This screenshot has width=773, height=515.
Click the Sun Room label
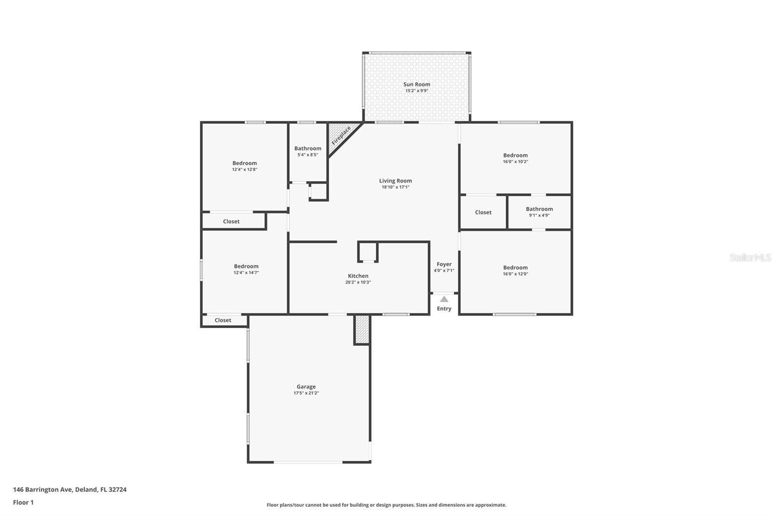point(416,84)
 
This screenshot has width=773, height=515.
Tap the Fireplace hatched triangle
point(341,136)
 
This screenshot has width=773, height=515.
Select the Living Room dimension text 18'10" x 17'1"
point(395,187)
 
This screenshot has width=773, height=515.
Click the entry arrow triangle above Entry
point(444,299)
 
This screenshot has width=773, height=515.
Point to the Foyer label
point(444,264)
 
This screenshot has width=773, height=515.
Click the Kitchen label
point(358,276)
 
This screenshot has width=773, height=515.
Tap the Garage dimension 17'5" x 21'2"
point(306,393)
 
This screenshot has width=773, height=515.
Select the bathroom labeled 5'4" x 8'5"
point(308,151)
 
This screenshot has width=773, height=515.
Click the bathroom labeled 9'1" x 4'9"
point(539,212)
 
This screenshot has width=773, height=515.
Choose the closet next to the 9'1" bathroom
point(483,212)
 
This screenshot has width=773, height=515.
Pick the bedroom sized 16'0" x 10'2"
point(515,158)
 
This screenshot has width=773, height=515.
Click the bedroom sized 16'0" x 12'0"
point(515,270)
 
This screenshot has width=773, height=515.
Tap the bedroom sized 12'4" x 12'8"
point(244,166)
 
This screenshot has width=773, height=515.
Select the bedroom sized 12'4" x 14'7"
point(246,269)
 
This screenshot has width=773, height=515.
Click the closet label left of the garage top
point(223,320)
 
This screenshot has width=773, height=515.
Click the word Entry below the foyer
point(444,309)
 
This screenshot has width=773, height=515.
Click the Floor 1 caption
point(23,502)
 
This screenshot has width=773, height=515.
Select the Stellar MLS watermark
point(750,257)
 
